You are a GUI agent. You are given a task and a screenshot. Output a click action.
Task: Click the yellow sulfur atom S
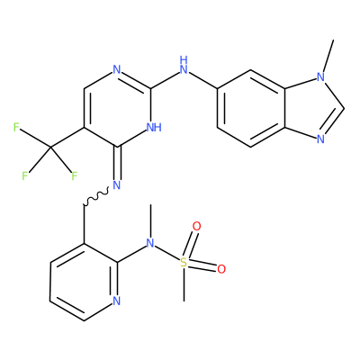pyautogui.click(x=184, y=263)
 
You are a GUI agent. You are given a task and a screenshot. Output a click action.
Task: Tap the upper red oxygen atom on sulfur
pyautogui.click(x=196, y=226)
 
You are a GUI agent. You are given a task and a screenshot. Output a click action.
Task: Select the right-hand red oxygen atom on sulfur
pyautogui.click(x=221, y=269)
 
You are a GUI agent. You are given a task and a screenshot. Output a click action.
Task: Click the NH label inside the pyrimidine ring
pyautogui.click(x=154, y=127)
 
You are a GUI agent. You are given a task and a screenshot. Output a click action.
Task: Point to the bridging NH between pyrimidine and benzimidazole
pyautogui.click(x=184, y=65)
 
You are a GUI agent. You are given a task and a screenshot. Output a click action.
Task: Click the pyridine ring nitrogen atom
pyautogui.click(x=117, y=301)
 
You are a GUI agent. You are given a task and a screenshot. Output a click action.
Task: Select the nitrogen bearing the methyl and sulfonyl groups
pyautogui.click(x=150, y=243)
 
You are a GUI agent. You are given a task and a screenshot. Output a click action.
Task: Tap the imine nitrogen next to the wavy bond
pyautogui.click(x=117, y=184)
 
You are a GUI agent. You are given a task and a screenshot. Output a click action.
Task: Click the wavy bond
pyautogui.click(x=96, y=197)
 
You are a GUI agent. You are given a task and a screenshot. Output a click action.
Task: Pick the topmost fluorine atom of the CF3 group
pyautogui.click(x=16, y=127)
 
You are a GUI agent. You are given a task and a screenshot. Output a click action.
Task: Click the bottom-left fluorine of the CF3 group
pyautogui.click(x=24, y=175)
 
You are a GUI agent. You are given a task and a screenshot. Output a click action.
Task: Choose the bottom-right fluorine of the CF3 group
pyautogui.click(x=74, y=175)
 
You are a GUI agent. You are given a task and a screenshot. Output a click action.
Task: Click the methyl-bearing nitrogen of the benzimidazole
pyautogui.click(x=320, y=77)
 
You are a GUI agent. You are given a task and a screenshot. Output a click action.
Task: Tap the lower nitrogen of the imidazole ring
pyautogui.click(x=320, y=139)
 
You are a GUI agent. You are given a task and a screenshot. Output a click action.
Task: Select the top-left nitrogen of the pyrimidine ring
pyautogui.click(x=117, y=70)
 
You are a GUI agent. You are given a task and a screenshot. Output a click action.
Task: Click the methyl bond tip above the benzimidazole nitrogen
pyautogui.click(x=333, y=40)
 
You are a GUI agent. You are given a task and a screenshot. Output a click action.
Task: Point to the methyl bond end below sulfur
pyautogui.click(x=184, y=301)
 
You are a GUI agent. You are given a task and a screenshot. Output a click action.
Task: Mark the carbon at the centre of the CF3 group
pyautogui.click(x=50, y=147)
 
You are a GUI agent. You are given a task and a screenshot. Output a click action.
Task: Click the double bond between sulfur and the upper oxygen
pyautogui.click(x=190, y=245)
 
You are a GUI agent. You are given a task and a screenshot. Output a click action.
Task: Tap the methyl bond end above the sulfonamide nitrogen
pyautogui.click(x=150, y=204)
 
